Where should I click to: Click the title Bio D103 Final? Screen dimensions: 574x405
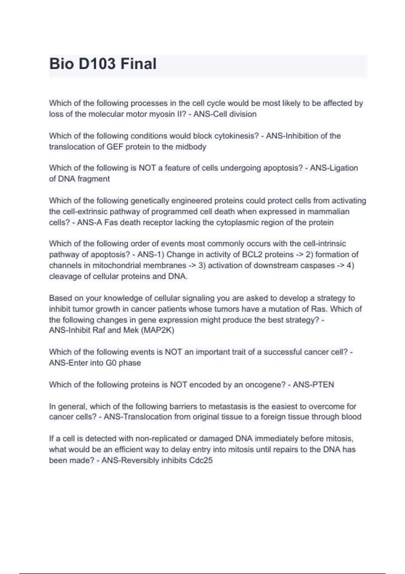pos(103,64)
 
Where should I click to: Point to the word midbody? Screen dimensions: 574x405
pos(190,147)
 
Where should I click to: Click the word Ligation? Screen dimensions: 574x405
pos(344,168)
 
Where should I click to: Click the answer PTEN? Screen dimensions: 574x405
pos(323,385)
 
